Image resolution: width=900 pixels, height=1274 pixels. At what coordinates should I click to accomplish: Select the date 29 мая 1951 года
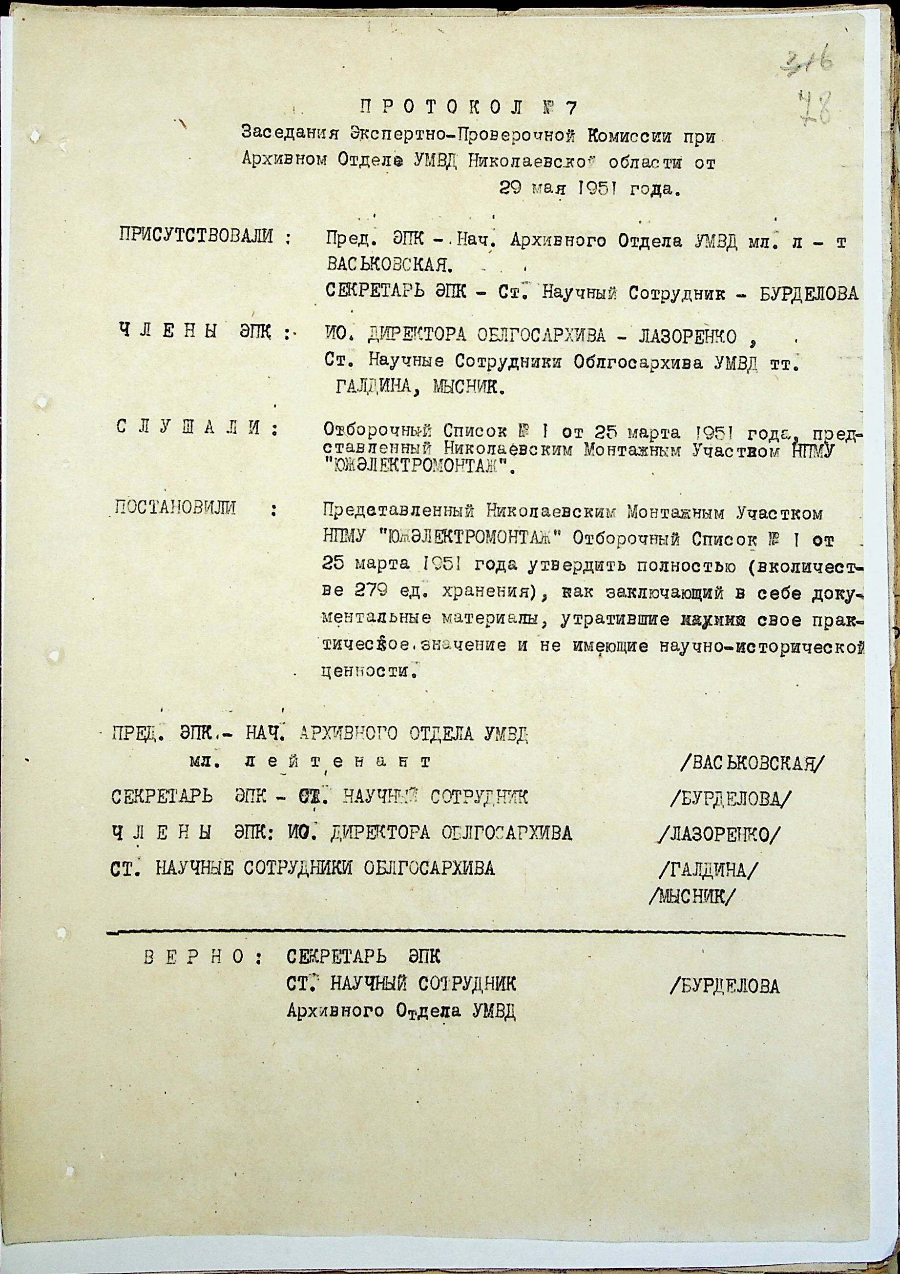[x=589, y=189]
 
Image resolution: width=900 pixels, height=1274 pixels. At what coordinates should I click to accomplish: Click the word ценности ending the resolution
[x=368, y=672]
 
